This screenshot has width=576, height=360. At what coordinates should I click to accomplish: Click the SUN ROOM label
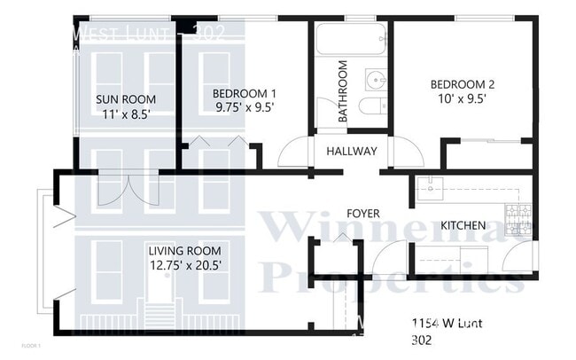click(126, 98)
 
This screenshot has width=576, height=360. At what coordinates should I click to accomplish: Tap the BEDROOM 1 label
click(244, 92)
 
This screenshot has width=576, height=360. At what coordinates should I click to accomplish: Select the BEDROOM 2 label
click(462, 85)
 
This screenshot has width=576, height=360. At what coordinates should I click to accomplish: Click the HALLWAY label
click(352, 152)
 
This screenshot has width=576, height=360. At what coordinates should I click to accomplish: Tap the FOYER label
click(363, 214)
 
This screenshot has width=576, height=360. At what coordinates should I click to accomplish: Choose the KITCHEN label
click(463, 225)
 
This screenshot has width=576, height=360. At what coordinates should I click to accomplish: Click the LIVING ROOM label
click(184, 250)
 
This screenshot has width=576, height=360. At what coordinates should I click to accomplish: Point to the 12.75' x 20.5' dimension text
click(184, 264)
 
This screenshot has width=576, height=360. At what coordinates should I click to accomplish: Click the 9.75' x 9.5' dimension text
click(244, 106)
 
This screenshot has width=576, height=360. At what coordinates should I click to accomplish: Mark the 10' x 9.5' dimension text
click(462, 99)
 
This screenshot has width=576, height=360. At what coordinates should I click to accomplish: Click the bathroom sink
click(378, 81)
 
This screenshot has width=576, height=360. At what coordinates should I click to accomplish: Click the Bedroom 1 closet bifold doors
click(219, 142)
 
